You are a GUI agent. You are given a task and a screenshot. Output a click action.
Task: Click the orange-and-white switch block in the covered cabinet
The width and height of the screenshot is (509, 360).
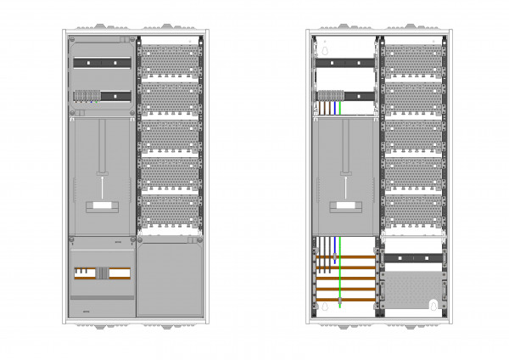point(102,273)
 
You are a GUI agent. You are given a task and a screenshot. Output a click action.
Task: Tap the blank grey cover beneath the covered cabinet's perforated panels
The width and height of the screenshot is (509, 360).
point(170,280)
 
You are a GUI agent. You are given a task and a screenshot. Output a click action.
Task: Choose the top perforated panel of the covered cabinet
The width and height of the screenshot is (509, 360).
point(171,59)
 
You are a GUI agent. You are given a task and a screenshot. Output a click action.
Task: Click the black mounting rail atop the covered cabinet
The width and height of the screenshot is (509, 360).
point(101,62)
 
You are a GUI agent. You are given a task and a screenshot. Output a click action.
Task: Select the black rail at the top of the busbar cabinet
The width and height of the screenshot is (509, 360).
point(345,62)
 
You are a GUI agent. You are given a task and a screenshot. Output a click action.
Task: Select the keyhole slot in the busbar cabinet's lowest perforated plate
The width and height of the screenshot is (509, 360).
point(435,304)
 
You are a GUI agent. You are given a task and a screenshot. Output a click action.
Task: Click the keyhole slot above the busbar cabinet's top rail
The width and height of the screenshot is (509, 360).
point(324,50)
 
